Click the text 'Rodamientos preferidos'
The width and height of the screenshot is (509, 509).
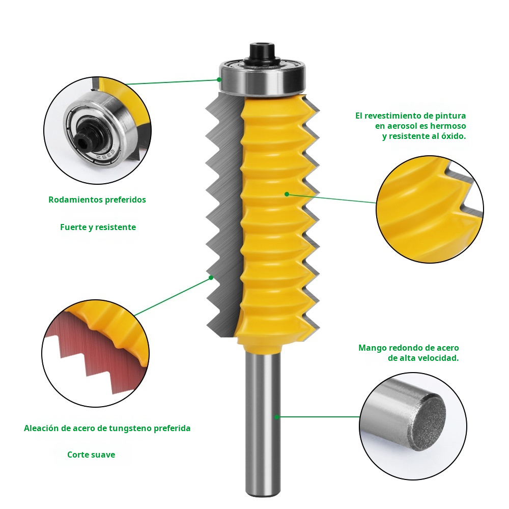coord(97,200)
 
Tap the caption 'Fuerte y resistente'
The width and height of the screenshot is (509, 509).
coord(98,227)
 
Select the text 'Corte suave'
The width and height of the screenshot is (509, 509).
coord(91,455)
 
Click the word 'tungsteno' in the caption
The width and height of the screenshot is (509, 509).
coord(130,428)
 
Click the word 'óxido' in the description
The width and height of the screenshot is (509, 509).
coord(451,136)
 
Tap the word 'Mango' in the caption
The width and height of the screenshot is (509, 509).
coord(372,348)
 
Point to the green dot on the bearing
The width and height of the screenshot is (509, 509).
coord(219,79)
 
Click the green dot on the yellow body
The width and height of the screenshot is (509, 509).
coord(287,194)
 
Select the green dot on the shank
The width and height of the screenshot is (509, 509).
coord(277,417)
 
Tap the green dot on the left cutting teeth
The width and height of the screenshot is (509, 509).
coord(211,278)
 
